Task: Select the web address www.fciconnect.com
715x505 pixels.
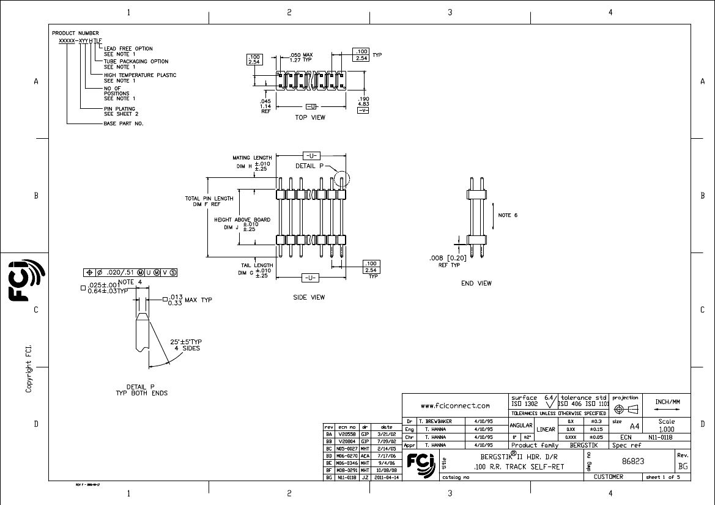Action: pyautogui.click(x=456, y=405)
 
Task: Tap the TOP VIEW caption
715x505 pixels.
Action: pyautogui.click(x=310, y=117)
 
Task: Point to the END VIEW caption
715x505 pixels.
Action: pyautogui.click(x=476, y=283)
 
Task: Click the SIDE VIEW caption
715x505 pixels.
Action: pyautogui.click(x=309, y=297)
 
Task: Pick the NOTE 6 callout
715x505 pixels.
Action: pyautogui.click(x=508, y=215)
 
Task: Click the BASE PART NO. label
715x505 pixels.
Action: pyautogui.click(x=123, y=123)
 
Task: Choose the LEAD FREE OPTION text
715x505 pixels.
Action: pyautogui.click(x=128, y=48)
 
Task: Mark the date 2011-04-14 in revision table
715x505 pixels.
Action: pyautogui.click(x=387, y=477)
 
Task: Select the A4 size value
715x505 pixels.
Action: pyautogui.click(x=635, y=426)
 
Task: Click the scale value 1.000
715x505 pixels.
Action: pyautogui.click(x=666, y=429)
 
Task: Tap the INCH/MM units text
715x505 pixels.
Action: pyautogui.click(x=667, y=402)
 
